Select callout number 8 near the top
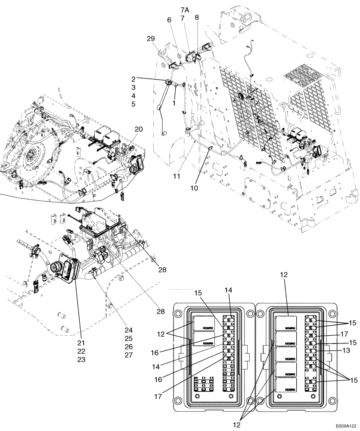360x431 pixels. (x=197, y=18)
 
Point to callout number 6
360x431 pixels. (x=169, y=19)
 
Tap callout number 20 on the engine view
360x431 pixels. (x=138, y=129)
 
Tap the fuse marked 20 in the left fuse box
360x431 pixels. (x=229, y=343)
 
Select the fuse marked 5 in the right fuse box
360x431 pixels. (x=311, y=351)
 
